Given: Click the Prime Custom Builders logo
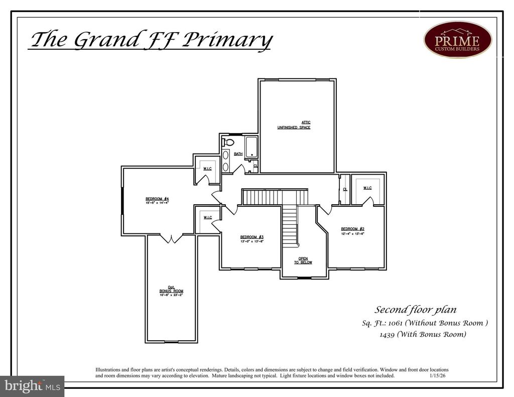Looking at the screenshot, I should click(x=457, y=39).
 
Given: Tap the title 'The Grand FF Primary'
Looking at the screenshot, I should click(x=151, y=40).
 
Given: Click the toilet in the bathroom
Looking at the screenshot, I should click(x=228, y=143).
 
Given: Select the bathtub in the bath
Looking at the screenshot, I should click(x=251, y=147).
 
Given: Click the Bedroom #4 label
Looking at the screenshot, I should click(x=154, y=199).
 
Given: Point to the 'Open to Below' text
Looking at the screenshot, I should click(x=303, y=260).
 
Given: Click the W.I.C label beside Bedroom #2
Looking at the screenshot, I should click(x=367, y=188).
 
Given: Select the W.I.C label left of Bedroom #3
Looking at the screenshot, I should click(x=207, y=218).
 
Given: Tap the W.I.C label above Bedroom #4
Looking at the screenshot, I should click(x=207, y=169).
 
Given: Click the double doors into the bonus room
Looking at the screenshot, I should click(x=171, y=239).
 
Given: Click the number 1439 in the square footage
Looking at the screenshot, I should click(x=388, y=334).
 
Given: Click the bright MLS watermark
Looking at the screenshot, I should click(x=32, y=386).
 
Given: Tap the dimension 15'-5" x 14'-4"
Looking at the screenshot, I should click(x=154, y=203).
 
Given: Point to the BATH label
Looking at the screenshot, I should click(x=238, y=154).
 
